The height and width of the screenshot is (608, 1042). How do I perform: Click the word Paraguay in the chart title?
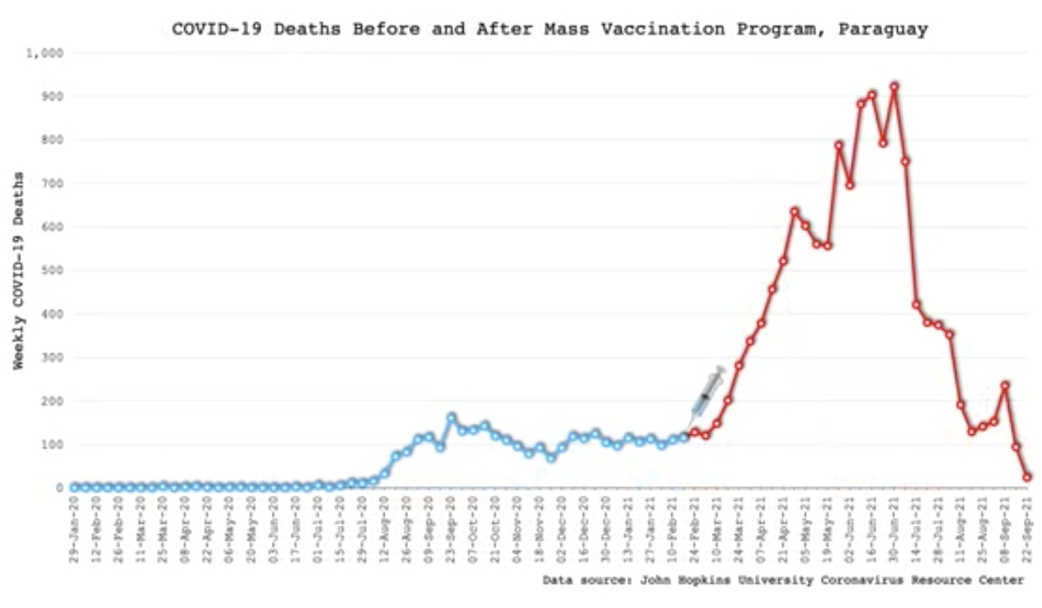tap(884, 29)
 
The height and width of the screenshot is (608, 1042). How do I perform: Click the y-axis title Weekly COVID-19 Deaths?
tap(18, 271)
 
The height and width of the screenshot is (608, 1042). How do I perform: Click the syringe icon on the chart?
tap(707, 394)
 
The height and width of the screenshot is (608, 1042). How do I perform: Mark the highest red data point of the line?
tap(894, 87)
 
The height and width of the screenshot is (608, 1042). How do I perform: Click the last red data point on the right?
tap(1027, 477)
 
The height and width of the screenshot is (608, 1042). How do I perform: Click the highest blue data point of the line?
tap(452, 418)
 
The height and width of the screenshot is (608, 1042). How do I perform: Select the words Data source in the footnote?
tap(584, 580)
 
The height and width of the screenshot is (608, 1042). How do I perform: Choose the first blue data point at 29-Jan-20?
tap(76, 487)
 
